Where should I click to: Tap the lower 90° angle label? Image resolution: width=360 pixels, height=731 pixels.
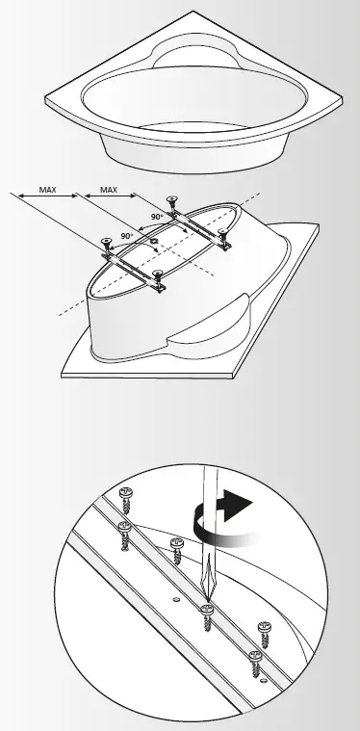126,235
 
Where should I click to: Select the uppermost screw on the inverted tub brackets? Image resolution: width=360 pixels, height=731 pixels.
171,201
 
